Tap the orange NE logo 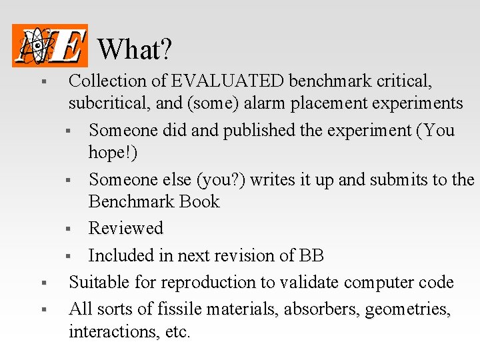pyautogui.click(x=49, y=45)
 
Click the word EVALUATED pyautogui.click(x=227, y=81)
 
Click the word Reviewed pyautogui.click(x=125, y=228)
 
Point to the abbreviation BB pyautogui.click(x=311, y=255)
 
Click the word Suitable pyautogui.click(x=99, y=282)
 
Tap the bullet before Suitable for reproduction pyautogui.click(x=42, y=283)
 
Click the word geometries pyautogui.click(x=407, y=309)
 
